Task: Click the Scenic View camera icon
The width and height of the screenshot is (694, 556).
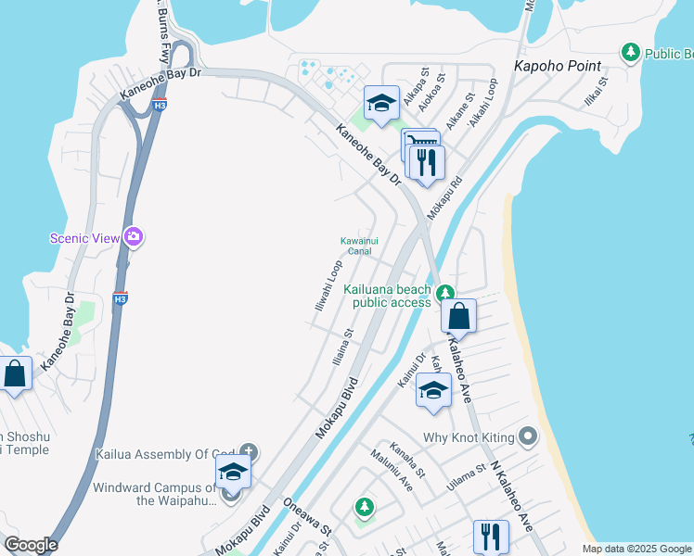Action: click(135, 237)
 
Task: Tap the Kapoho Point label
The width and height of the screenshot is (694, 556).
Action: click(558, 66)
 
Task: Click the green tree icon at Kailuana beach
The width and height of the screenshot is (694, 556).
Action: click(446, 291)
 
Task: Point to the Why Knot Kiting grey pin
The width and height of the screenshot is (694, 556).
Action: click(528, 435)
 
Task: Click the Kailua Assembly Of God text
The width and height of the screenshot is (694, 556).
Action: click(171, 455)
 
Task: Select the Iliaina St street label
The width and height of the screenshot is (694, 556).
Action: click(343, 347)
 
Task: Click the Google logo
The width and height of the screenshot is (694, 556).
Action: click(31, 545)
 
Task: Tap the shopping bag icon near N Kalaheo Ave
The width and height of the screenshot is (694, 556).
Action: click(458, 317)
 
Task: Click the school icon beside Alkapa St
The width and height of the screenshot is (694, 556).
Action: click(381, 105)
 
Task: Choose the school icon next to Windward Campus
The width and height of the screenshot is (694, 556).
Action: click(233, 474)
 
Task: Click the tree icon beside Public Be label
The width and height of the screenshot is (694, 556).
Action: click(631, 52)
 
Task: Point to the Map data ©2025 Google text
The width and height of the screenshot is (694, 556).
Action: click(636, 549)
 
